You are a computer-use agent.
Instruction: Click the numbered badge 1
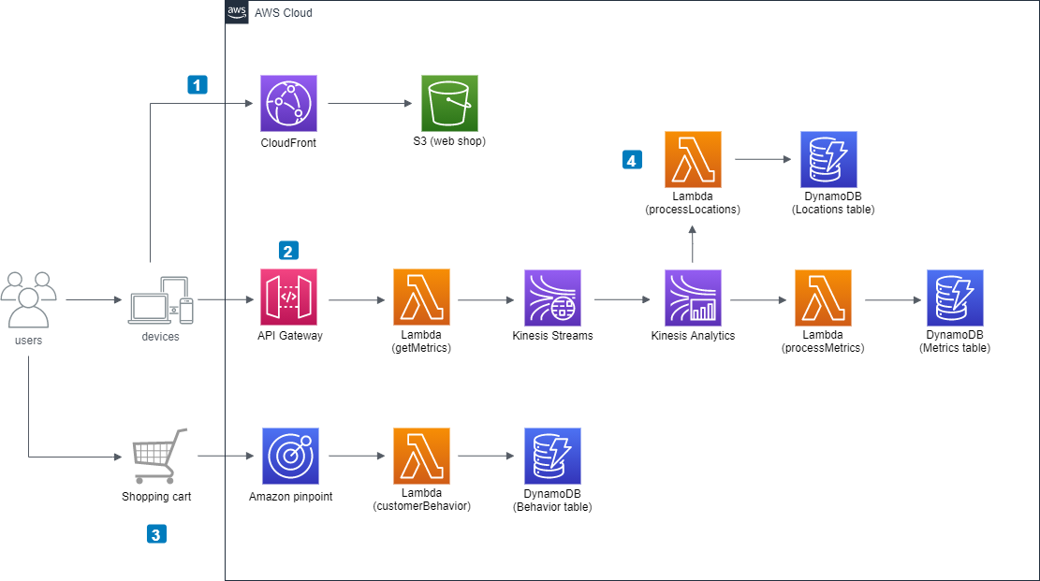tap(197, 85)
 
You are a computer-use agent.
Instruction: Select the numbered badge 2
tap(288, 251)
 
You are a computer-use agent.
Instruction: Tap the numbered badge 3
tap(155, 534)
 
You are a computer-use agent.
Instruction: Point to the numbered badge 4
tap(632, 160)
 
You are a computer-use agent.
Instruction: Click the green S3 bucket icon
tap(449, 103)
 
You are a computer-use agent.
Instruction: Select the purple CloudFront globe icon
tap(288, 103)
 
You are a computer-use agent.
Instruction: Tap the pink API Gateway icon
tap(288, 298)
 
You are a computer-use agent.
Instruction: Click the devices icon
tap(161, 301)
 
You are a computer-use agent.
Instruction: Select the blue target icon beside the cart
tap(290, 456)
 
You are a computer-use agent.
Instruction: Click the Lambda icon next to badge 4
tap(693, 160)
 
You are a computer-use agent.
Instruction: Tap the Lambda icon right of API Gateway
tap(421, 298)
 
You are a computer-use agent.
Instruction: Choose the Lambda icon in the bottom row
tap(421, 456)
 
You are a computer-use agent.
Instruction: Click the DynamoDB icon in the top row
tap(828, 160)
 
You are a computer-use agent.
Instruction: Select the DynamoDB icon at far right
tap(955, 298)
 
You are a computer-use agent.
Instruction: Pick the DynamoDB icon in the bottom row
tap(552, 456)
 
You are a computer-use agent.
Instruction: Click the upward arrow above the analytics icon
tap(693, 243)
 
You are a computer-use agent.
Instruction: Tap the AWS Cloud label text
tap(284, 13)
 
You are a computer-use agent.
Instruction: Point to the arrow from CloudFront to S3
tap(369, 104)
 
